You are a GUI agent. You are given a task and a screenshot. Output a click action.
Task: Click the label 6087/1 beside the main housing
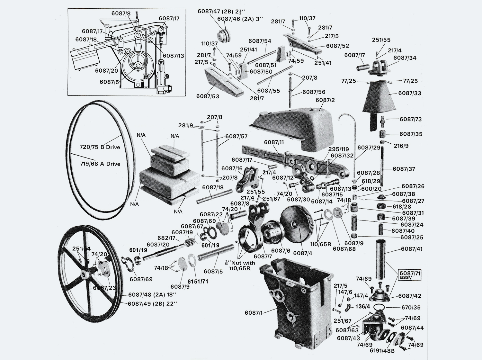coord(254,312)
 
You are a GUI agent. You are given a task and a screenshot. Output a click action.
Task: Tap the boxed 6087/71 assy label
coord(410,275)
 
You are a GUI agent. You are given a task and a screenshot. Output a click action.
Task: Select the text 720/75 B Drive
coord(100,147)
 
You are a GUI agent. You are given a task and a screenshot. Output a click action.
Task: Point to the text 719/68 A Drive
coord(100,164)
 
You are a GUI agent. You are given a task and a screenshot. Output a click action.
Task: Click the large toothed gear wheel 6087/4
coord(297,225)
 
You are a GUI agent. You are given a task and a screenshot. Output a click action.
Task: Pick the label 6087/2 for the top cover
coord(325,100)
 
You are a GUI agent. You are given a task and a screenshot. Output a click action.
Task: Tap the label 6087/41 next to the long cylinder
coord(412,249)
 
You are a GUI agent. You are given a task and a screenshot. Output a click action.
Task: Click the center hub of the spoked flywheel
coord(85,275)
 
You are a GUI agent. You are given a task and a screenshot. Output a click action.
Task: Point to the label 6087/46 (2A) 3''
coord(240,19)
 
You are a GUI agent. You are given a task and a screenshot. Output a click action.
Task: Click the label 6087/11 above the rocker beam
coord(274,142)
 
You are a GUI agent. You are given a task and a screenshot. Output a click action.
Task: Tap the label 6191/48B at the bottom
coord(382,351)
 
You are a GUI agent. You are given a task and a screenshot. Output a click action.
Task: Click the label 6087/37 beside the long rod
coord(404,169)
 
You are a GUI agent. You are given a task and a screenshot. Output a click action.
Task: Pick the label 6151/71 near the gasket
coord(198,282)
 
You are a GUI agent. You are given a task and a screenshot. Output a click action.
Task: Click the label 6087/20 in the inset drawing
coord(106,70)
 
